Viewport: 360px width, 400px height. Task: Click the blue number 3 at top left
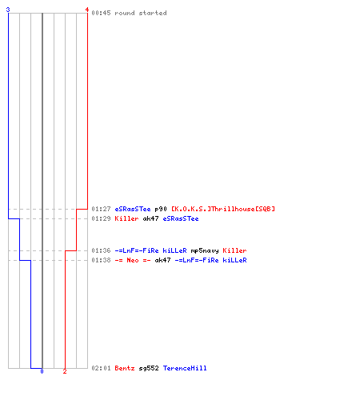click(8, 10)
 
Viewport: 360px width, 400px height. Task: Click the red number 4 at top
click(87, 10)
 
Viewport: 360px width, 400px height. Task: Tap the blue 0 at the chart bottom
click(42, 371)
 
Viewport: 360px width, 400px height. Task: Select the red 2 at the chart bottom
click(65, 371)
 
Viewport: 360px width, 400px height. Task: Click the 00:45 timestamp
click(101, 13)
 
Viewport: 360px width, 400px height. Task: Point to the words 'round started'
click(141, 13)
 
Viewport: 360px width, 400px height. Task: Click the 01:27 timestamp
click(101, 209)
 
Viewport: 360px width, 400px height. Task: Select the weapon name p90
click(161, 209)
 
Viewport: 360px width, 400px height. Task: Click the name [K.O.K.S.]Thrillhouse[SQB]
click(223, 209)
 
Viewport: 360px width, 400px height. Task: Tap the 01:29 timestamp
click(101, 218)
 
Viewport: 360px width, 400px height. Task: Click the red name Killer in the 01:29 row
click(126, 218)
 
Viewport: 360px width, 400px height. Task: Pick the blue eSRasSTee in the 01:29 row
click(181, 218)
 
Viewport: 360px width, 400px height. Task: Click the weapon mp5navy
click(205, 250)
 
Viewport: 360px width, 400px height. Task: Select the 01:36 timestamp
click(101, 250)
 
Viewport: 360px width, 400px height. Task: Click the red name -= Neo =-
click(133, 260)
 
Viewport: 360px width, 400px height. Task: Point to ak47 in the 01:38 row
click(162, 260)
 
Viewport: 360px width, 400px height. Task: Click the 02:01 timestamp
click(101, 368)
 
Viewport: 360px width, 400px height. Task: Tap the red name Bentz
click(125, 368)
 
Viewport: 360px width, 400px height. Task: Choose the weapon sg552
click(149, 369)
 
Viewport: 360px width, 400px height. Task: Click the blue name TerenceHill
click(185, 368)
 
